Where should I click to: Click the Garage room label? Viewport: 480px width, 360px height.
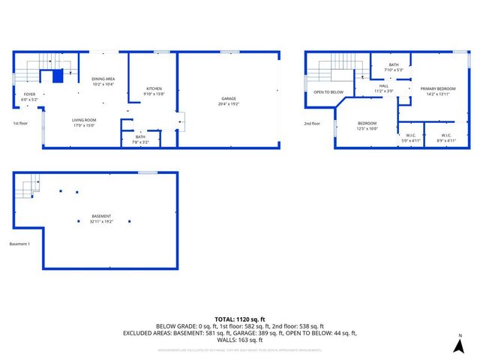point(229,100)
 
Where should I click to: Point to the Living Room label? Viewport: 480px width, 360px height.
point(84,122)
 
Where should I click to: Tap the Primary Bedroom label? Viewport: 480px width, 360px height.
point(434,91)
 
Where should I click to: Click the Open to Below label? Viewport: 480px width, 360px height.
point(328,92)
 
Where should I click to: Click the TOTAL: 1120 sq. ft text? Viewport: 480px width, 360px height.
point(239,319)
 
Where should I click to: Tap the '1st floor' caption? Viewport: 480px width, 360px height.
point(20,123)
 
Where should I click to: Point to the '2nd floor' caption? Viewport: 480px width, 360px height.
point(311,123)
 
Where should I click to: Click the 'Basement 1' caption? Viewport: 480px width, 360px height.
point(19,244)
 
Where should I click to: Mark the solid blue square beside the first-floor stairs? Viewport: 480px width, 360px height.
point(57,75)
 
